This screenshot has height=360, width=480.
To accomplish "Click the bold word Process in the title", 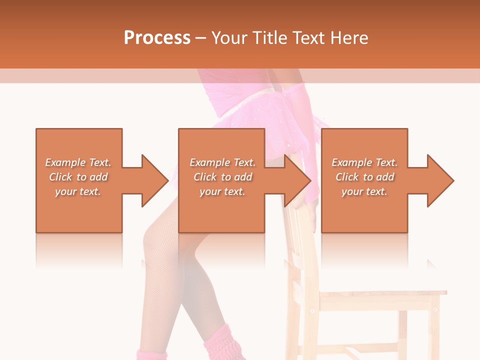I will (x=157, y=38).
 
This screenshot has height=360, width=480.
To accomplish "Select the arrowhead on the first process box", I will (x=153, y=180).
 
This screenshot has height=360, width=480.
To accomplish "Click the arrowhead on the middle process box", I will (x=296, y=180).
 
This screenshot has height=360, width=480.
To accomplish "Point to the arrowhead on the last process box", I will (x=439, y=180).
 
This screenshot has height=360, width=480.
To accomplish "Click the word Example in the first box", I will (x=65, y=162).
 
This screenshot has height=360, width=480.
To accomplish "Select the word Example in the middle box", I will (x=209, y=162).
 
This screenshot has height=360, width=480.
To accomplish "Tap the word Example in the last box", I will (x=351, y=162).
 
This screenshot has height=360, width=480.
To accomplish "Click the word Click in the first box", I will (x=60, y=177).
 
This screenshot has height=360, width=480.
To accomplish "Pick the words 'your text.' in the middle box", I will (x=222, y=191).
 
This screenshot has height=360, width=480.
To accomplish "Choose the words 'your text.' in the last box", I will (x=364, y=191).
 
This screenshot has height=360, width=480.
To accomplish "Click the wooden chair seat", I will (x=380, y=295).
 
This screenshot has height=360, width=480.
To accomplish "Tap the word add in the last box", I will (x=386, y=177).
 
